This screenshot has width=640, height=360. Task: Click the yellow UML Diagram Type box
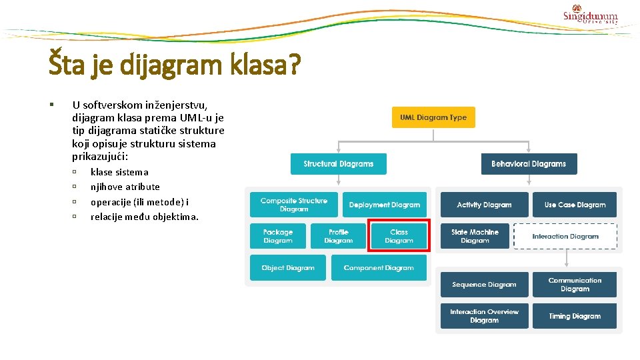433,117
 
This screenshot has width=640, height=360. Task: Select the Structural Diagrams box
338,164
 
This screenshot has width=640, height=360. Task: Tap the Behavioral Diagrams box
529,164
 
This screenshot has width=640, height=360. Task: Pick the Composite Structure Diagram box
294,205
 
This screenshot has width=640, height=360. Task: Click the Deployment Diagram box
385,205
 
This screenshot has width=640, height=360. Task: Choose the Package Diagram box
278,236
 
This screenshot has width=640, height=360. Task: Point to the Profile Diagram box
339,236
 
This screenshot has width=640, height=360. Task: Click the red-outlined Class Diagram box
399,236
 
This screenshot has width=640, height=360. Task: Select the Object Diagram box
288,268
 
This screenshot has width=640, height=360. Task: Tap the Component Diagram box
379,268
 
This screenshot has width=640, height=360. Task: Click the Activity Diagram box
484,205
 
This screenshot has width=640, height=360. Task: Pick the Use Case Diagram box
575,205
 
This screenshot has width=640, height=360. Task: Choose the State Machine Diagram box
475,236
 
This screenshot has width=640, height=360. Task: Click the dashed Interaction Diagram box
565,236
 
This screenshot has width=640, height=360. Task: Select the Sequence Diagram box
484,285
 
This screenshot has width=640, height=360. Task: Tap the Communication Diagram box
575,285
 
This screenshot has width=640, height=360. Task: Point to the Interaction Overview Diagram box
484,316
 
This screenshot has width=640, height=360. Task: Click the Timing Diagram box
575,316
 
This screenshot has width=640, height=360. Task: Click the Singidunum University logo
590,15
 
